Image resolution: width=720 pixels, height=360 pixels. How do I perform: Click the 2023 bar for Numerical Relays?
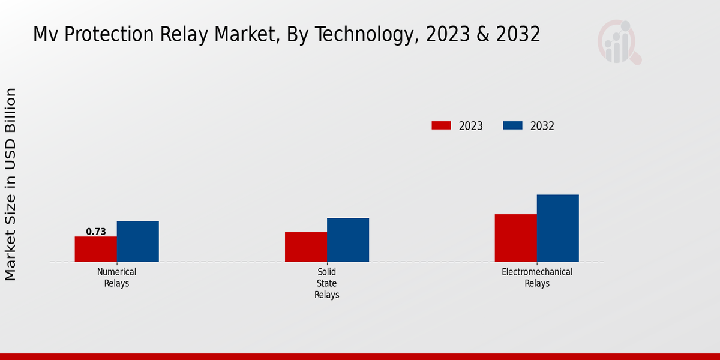(96, 249)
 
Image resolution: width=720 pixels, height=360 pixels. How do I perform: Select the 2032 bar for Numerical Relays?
(138, 241)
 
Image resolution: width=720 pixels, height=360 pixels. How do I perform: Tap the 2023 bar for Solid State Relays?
(306, 247)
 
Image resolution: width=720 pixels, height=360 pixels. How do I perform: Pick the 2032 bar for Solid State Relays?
(348, 239)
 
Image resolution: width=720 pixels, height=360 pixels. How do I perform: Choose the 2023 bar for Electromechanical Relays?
(516, 238)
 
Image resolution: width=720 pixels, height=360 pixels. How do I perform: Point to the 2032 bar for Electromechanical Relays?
(558, 228)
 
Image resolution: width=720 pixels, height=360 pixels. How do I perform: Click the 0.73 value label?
(96, 232)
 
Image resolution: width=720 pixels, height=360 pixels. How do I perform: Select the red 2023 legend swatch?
(441, 125)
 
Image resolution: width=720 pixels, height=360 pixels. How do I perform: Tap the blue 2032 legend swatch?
(512, 125)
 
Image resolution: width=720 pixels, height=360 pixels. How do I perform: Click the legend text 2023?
(471, 126)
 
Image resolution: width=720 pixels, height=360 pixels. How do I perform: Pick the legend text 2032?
(542, 126)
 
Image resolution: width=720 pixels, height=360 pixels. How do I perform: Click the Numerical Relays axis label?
(117, 278)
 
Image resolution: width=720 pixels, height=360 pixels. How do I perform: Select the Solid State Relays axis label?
(327, 283)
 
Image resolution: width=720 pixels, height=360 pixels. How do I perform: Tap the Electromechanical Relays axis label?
(537, 278)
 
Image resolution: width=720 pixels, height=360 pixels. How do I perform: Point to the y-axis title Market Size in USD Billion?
(11, 184)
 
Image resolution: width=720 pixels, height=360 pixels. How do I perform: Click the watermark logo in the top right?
(619, 42)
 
